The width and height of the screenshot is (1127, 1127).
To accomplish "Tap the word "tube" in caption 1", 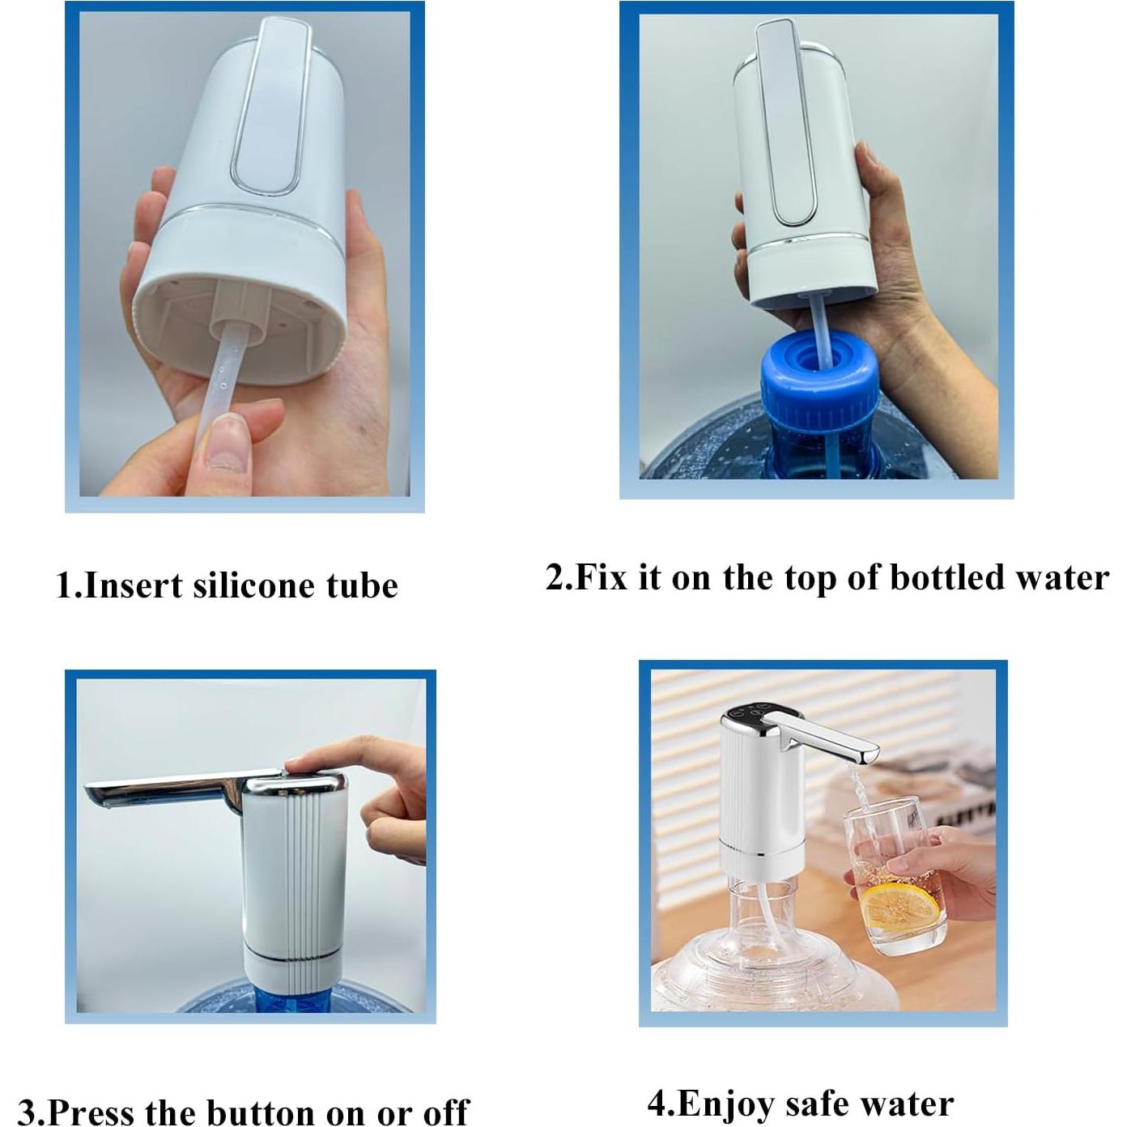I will (362, 585).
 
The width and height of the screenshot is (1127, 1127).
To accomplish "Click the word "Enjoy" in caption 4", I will (721, 1103).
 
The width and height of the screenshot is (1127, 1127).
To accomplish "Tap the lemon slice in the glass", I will (897, 907).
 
